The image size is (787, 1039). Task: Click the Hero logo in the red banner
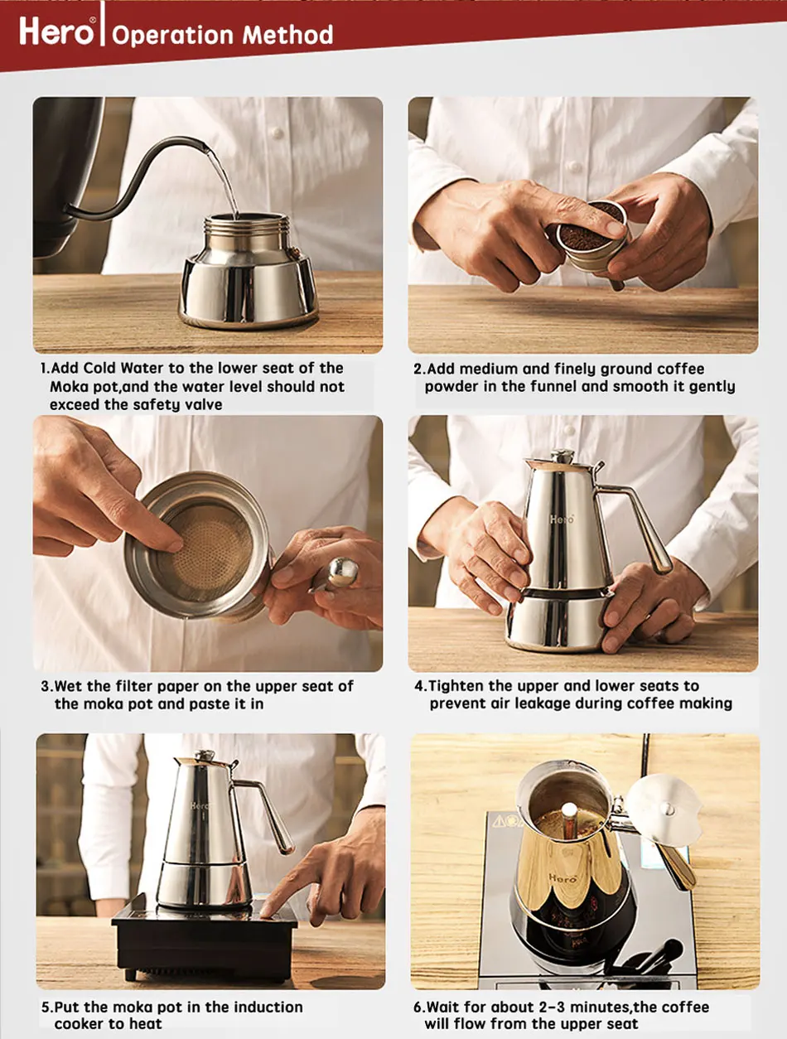pyautogui.click(x=57, y=31)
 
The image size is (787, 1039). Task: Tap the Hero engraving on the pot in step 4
pyautogui.click(x=562, y=519)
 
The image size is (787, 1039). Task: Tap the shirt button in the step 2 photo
pyautogui.click(x=575, y=167)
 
